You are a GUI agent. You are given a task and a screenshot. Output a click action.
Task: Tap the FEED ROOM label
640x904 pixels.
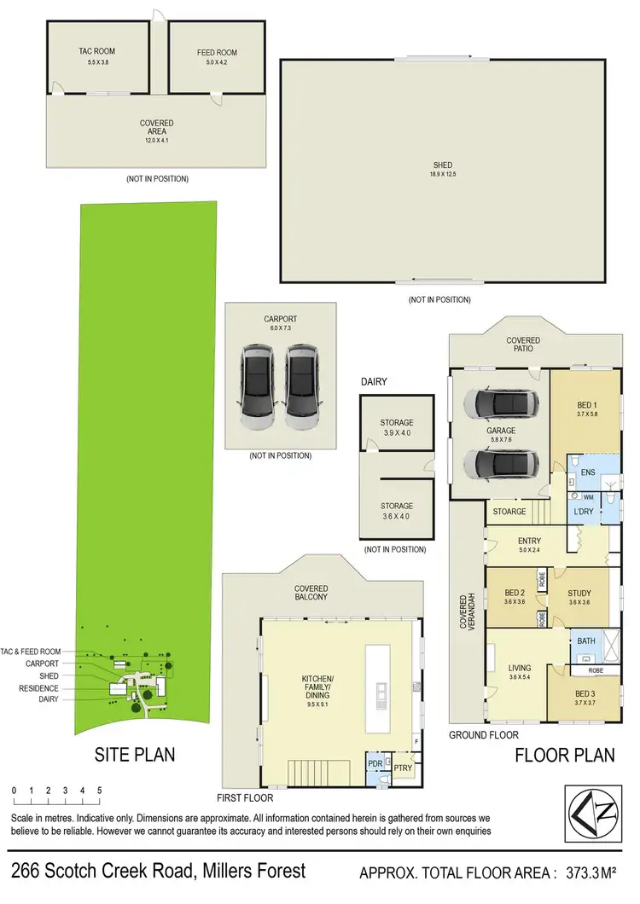tap(217, 53)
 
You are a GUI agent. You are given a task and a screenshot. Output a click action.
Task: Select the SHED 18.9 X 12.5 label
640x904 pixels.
tap(442, 165)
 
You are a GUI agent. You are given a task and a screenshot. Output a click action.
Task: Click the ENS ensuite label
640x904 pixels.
tap(586, 471)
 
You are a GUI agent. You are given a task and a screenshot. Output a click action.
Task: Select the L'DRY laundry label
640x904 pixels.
tap(585, 512)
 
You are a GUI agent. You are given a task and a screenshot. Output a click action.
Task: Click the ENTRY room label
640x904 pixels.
tap(529, 541)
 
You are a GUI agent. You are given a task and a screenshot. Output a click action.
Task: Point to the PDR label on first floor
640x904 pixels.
tap(373, 763)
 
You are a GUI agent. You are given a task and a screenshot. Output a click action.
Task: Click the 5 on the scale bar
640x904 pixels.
tap(100, 791)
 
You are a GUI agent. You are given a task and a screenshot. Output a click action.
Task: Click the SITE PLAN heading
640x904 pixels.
tap(134, 754)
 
